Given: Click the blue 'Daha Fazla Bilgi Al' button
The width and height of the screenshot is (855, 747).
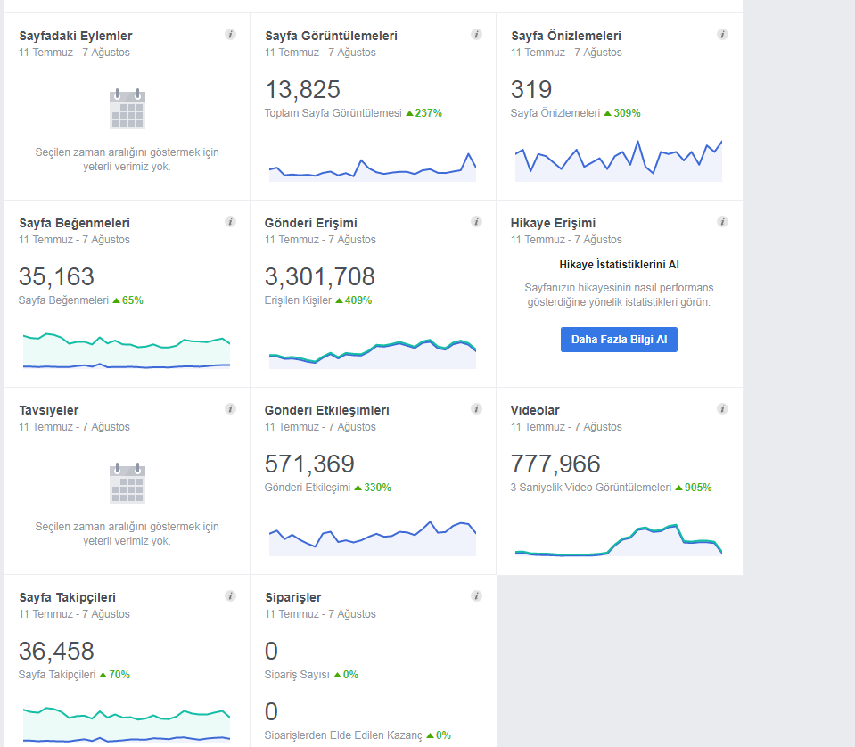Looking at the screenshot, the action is click(x=619, y=339).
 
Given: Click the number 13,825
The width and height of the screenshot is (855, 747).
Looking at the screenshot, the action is click(x=302, y=89).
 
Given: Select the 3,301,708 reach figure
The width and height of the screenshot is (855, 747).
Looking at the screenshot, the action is click(x=319, y=276).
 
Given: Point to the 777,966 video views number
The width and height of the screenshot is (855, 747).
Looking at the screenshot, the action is click(x=555, y=464).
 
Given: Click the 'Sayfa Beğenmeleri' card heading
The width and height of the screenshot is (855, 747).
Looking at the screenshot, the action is click(x=75, y=223).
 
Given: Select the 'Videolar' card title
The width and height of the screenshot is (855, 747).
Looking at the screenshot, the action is click(x=535, y=410).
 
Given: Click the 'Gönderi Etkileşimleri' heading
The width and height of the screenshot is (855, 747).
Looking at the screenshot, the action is click(x=326, y=410).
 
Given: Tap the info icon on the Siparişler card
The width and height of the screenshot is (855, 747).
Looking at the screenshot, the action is click(x=477, y=596).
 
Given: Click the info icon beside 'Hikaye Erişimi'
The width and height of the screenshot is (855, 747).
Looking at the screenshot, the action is click(x=722, y=221).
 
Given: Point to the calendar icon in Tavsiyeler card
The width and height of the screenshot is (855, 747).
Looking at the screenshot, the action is click(x=127, y=483).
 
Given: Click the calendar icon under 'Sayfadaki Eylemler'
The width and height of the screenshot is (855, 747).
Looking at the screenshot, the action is click(x=127, y=109).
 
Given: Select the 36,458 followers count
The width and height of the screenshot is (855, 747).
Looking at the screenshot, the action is click(x=56, y=651).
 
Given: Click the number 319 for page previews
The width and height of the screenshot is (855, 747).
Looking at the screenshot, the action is click(x=531, y=89).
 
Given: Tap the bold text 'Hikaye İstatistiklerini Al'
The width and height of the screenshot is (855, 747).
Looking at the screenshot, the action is click(x=619, y=265).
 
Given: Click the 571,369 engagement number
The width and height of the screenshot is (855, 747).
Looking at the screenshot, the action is click(x=309, y=464).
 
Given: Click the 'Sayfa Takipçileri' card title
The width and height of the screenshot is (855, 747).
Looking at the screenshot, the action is click(x=68, y=597).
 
